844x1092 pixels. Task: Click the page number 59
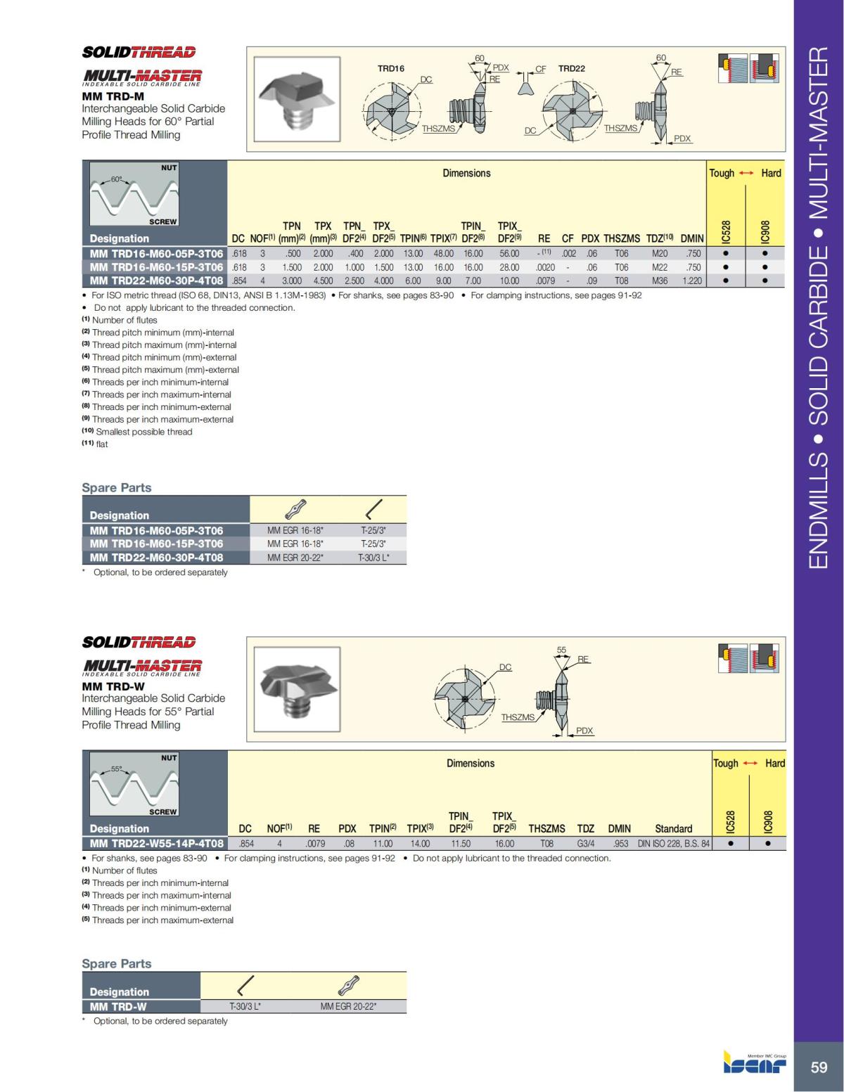point(819,1067)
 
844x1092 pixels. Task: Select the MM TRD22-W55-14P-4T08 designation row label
point(156,843)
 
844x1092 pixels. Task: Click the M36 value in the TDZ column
point(659,281)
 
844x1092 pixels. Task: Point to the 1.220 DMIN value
point(691,281)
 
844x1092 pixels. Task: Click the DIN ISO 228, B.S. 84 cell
point(673,843)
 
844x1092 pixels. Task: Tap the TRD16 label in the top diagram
point(391,68)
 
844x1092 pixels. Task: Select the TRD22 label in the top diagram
point(571,68)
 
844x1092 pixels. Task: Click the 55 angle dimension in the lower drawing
point(561,650)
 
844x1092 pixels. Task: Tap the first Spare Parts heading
point(116,487)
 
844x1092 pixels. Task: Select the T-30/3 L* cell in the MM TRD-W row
point(245,1006)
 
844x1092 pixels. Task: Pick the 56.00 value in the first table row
point(509,254)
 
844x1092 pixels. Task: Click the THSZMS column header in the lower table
point(546,828)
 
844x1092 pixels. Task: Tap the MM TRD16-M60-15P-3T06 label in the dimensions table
point(156,267)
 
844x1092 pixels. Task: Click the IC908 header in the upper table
point(765,229)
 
